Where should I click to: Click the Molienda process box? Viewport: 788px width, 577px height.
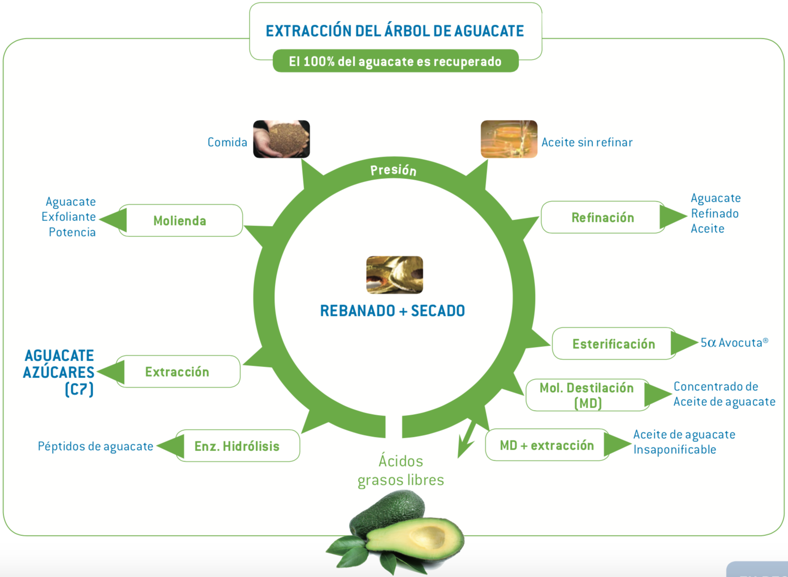click(180, 220)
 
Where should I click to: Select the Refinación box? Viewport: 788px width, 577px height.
click(603, 217)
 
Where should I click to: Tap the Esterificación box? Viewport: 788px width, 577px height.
click(614, 343)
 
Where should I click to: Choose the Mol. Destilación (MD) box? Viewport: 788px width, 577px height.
click(588, 395)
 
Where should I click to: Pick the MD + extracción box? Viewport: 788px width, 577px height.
click(547, 445)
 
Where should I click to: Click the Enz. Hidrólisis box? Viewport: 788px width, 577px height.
click(237, 446)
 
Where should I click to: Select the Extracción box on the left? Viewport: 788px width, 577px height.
click(178, 372)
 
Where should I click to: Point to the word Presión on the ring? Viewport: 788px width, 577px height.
click(393, 170)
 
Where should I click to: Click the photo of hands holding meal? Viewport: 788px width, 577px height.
click(282, 139)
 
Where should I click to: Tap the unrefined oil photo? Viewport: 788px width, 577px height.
click(509, 139)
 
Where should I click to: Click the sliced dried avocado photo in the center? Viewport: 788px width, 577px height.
click(395, 275)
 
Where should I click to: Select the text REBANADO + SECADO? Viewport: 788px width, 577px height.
click(393, 311)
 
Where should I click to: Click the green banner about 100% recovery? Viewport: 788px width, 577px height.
click(396, 61)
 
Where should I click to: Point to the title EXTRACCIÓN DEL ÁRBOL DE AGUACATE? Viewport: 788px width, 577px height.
click(395, 31)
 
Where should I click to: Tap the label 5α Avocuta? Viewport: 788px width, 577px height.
click(735, 342)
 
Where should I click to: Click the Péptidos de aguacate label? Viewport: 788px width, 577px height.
click(95, 446)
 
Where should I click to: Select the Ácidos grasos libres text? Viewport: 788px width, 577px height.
click(400, 470)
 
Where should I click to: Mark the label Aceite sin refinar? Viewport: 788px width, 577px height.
click(587, 142)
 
